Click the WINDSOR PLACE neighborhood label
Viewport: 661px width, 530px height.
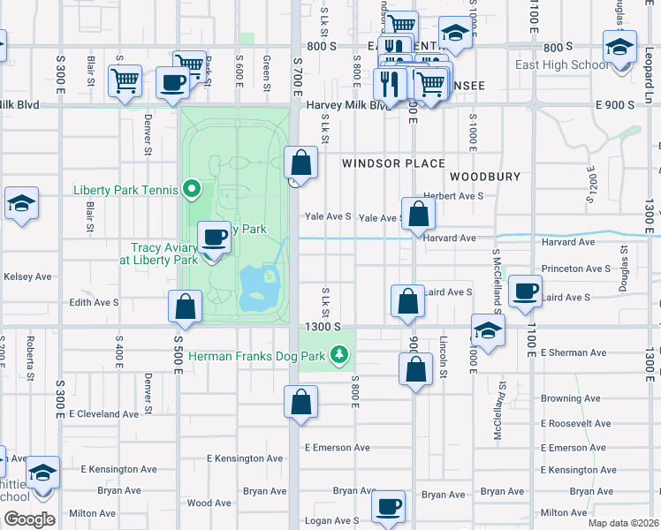384,163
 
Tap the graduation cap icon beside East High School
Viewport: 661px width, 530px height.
619,46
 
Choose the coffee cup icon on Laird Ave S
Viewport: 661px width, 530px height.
526,291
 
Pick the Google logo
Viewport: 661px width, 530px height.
28,519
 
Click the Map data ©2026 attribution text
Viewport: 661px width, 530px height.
624,523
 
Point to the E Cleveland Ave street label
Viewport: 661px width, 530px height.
103,413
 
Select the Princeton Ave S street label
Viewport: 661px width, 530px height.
577,269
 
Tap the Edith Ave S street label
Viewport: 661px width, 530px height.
94,302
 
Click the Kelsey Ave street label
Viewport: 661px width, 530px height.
27,276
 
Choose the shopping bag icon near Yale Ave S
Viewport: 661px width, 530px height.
419,214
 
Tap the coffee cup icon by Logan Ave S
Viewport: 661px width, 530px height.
388,507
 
